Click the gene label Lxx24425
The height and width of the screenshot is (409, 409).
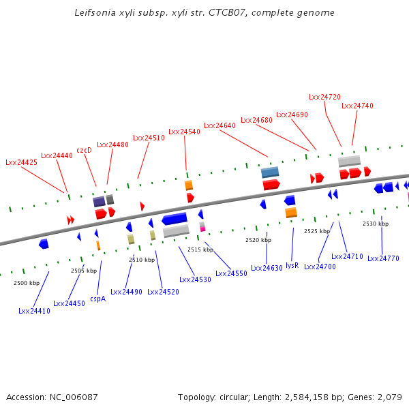(21, 162)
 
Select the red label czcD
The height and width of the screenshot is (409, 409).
(84, 150)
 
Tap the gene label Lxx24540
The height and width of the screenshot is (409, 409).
(184, 132)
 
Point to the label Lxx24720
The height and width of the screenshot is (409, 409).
(324, 97)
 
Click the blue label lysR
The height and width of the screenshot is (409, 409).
(292, 264)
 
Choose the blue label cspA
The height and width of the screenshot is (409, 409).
(97, 299)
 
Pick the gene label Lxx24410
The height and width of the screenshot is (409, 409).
(34, 311)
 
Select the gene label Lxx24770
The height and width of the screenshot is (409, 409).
(383, 258)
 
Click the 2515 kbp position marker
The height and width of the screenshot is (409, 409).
(200, 249)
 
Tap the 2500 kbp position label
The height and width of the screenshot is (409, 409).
(27, 283)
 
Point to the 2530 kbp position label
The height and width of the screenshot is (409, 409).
(376, 224)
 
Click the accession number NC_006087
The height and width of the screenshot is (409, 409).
(74, 397)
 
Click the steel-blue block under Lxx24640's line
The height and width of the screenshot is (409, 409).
(270, 172)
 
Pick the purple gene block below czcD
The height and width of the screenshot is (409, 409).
(99, 201)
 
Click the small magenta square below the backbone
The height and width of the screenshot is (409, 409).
(202, 229)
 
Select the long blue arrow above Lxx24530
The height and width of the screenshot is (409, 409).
(175, 219)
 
